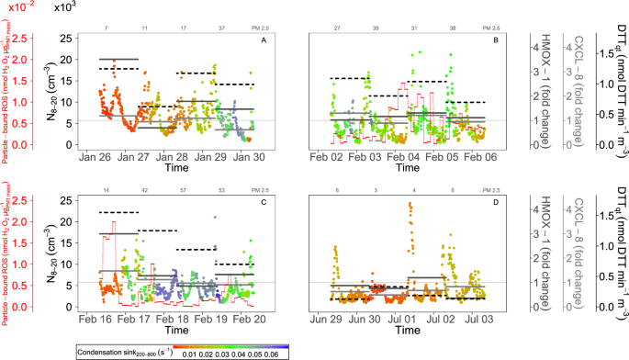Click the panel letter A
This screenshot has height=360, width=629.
(264, 41)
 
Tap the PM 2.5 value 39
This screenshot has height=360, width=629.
(376, 28)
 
